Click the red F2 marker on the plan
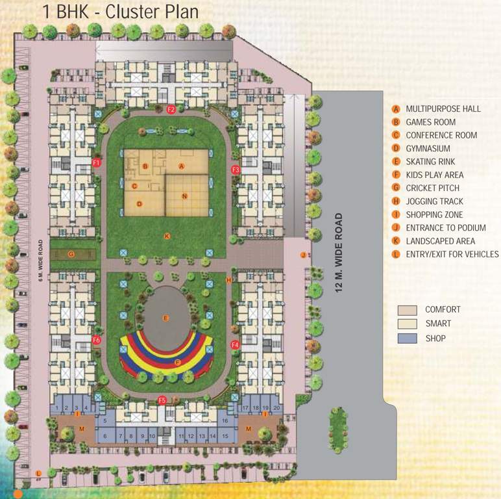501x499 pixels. [171, 109]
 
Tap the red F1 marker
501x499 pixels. [97, 162]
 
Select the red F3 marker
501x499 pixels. [236, 170]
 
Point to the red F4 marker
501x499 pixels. [235, 344]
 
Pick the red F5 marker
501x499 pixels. [163, 400]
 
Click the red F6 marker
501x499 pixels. [97, 340]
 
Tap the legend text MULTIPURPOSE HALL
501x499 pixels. [443, 109]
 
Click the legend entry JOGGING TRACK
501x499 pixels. [434, 201]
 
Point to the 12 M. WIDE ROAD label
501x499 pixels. [338, 253]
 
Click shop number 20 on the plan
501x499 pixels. [277, 407]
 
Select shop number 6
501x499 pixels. [104, 436]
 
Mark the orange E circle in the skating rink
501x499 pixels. [165, 318]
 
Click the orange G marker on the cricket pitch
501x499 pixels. [71, 253]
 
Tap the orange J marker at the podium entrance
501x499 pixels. [302, 255]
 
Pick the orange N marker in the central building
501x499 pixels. [184, 196]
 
